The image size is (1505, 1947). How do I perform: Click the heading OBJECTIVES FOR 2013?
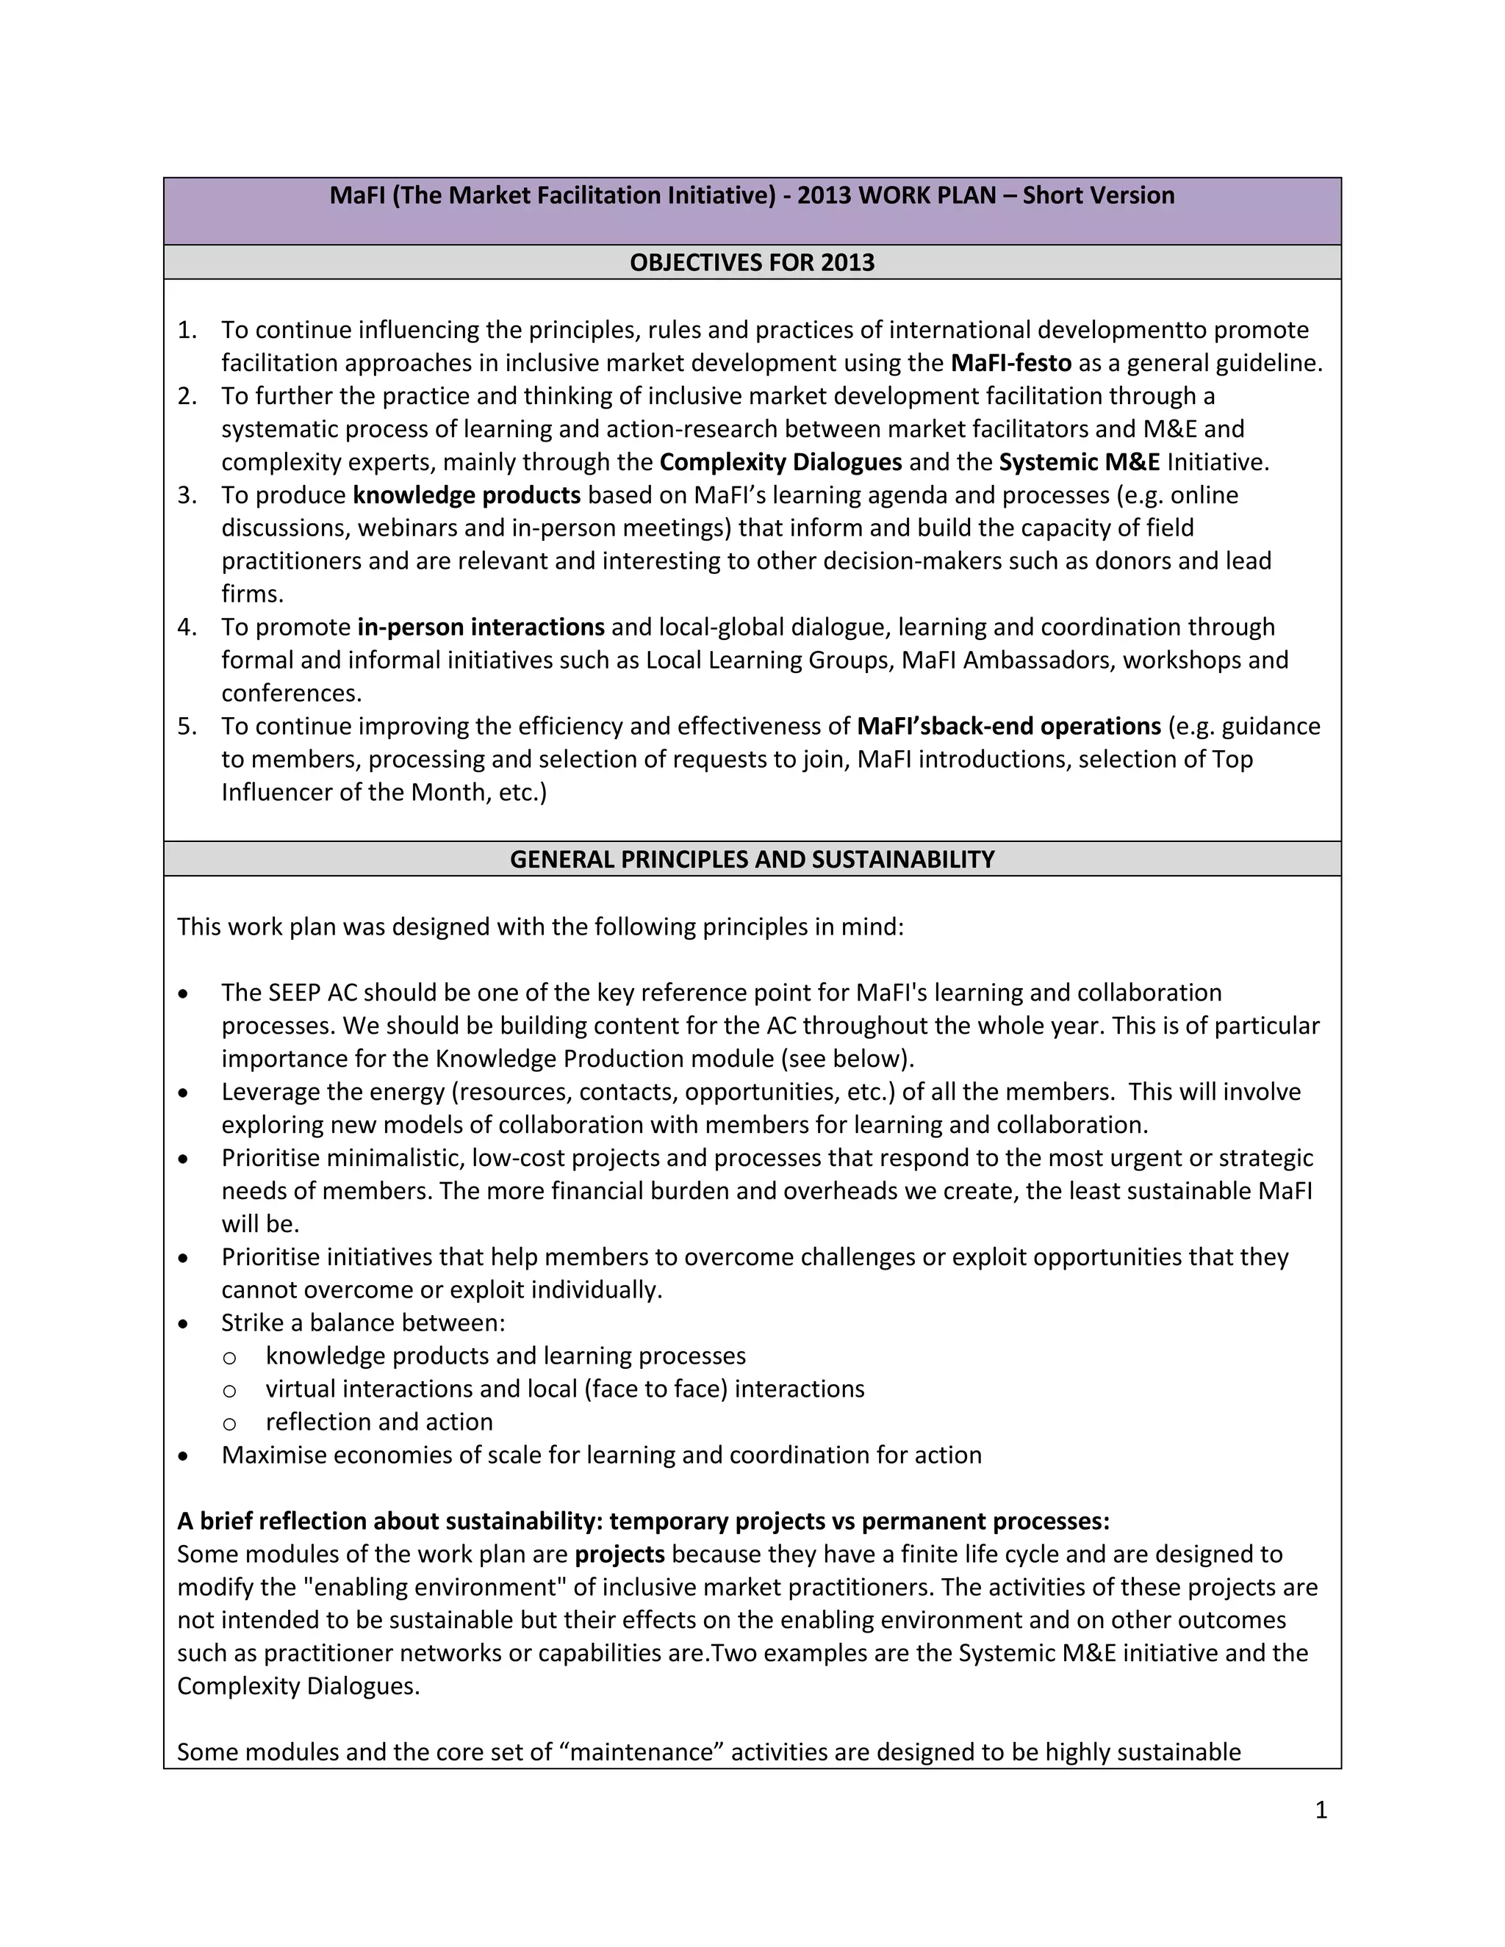pyautogui.click(x=752, y=263)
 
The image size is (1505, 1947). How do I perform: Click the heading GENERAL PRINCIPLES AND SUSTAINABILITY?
pyautogui.click(x=752, y=860)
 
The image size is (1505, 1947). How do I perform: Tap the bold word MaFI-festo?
pyautogui.click(x=1010, y=364)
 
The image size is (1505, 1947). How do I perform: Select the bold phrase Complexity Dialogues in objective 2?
pyautogui.click(x=780, y=463)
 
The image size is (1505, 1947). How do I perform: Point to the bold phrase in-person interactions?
pyautogui.click(x=481, y=627)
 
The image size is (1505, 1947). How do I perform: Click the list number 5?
pyautogui.click(x=187, y=727)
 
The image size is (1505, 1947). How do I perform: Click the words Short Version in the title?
pyautogui.click(x=1098, y=196)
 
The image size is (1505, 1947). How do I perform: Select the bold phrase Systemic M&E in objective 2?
pyautogui.click(x=1079, y=463)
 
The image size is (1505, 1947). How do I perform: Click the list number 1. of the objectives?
pyautogui.click(x=187, y=331)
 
